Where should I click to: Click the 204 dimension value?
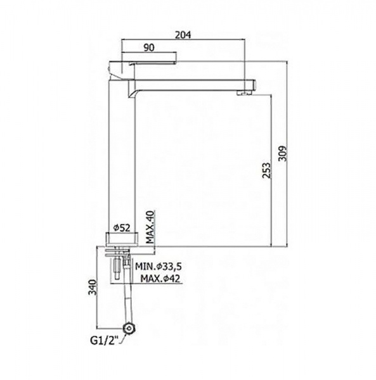(x=183, y=35)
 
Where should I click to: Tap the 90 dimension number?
(x=149, y=47)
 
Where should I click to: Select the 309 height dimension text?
(x=282, y=153)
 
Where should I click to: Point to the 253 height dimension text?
(x=266, y=170)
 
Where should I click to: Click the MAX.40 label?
(x=150, y=227)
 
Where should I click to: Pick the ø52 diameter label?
(x=122, y=228)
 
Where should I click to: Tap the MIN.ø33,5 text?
(x=158, y=267)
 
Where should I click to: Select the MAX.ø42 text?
(x=160, y=279)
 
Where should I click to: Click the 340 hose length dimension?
(x=93, y=287)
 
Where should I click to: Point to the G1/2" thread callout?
(x=105, y=341)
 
